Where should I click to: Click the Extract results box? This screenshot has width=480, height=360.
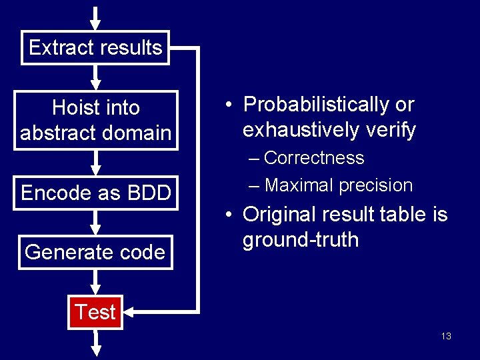95,48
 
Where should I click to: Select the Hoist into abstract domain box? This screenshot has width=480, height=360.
95,120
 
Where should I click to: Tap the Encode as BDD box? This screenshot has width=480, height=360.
95,193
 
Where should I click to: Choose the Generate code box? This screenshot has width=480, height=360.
95,252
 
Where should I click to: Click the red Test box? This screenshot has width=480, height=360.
95,312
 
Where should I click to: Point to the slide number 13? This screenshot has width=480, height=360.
446,336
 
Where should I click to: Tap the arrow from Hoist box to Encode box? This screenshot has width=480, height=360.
95,163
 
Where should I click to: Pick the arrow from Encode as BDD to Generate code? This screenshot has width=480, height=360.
95,222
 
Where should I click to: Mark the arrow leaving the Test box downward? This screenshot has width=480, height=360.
95,341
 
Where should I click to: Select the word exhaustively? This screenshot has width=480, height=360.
302,130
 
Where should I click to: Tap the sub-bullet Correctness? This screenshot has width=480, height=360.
313,158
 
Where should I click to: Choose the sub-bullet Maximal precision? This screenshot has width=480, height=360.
338,185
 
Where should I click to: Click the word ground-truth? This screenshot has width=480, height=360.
301,239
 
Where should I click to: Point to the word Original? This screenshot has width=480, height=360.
279,214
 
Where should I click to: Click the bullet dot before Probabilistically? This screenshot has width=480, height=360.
228,105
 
